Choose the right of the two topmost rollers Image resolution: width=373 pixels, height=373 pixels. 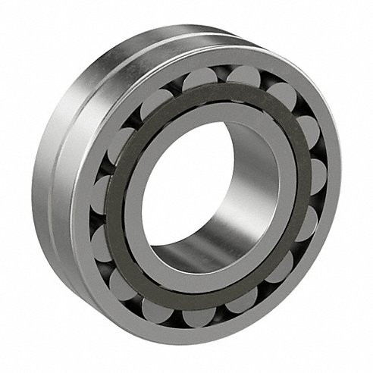(x=243, y=76)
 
